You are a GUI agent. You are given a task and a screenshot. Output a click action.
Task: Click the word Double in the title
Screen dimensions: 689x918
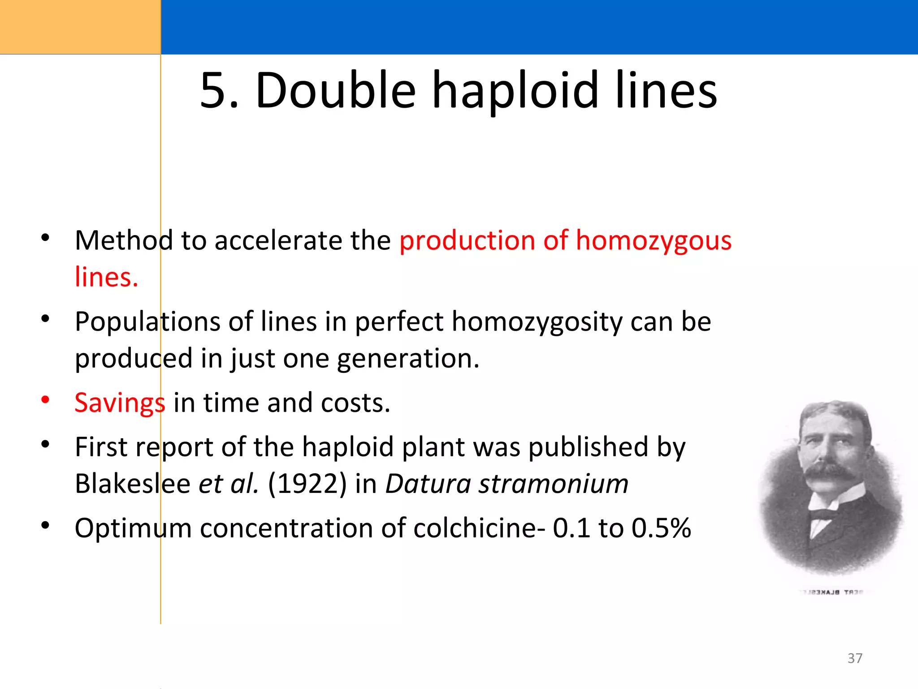(336, 91)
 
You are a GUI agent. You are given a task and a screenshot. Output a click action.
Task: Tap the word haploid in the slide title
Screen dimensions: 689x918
(515, 91)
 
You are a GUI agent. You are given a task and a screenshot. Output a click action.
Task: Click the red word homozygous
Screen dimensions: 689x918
(654, 241)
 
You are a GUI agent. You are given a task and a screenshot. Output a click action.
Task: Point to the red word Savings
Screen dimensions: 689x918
(120, 403)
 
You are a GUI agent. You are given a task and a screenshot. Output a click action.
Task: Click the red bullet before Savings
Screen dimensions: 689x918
(45, 399)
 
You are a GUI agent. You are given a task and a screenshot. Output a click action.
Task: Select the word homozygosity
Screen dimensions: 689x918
(537, 322)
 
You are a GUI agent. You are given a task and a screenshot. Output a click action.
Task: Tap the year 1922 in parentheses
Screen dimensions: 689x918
(307, 484)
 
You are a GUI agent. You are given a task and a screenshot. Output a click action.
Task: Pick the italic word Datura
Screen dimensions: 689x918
(428, 484)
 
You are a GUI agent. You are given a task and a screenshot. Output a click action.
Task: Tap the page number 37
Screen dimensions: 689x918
(855, 658)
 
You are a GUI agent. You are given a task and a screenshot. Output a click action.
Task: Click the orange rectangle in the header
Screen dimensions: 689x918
(80, 27)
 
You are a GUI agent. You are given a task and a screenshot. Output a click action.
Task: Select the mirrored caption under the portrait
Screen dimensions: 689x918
(831, 593)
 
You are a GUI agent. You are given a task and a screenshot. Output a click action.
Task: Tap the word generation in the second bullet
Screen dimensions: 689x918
(408, 359)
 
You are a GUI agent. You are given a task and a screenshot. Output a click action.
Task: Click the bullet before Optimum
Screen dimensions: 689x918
(45, 525)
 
